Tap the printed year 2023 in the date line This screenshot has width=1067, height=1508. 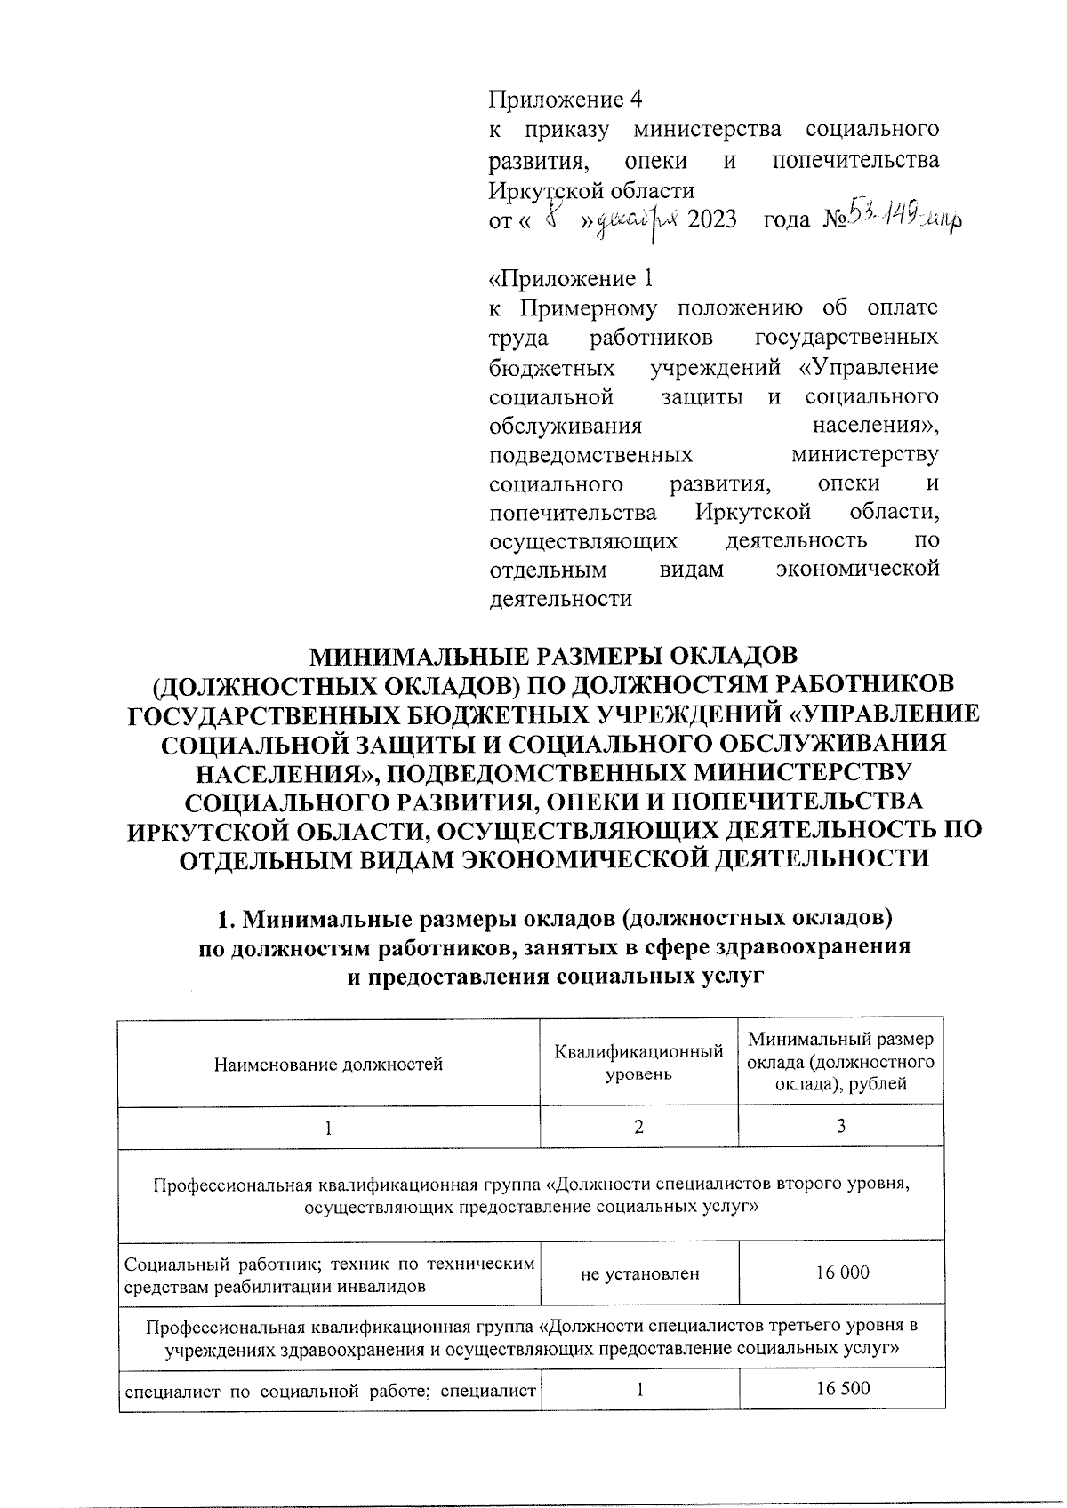(712, 219)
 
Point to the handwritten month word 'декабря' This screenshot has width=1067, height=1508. (637, 219)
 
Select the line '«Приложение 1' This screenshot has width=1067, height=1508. (572, 279)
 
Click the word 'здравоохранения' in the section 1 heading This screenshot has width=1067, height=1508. (817, 945)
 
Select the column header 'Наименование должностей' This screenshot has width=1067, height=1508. (329, 1064)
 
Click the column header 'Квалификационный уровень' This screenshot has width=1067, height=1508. (638, 1064)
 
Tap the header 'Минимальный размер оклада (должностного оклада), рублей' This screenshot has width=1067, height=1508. (840, 1062)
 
